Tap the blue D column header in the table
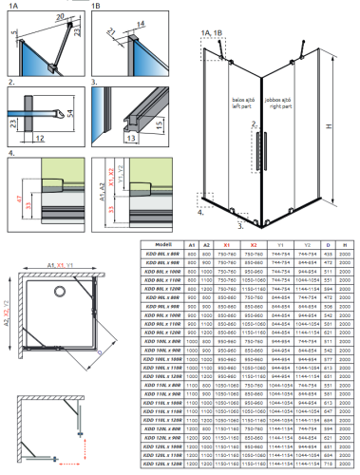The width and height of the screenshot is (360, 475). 328,245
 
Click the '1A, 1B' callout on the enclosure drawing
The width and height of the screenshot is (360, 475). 211,31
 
